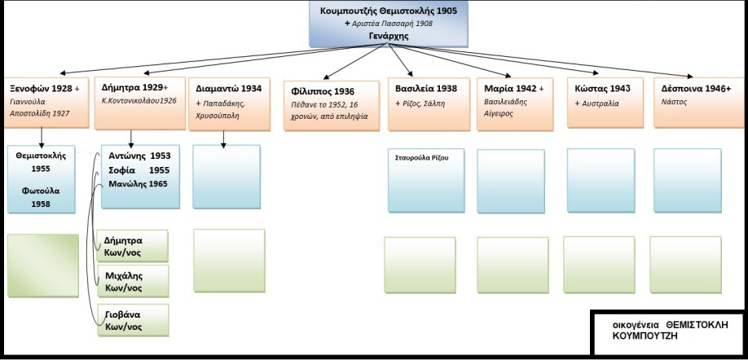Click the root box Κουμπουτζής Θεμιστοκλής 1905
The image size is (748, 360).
(x=388, y=23)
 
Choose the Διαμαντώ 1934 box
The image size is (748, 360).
(x=229, y=102)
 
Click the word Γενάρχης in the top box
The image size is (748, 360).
(x=388, y=37)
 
